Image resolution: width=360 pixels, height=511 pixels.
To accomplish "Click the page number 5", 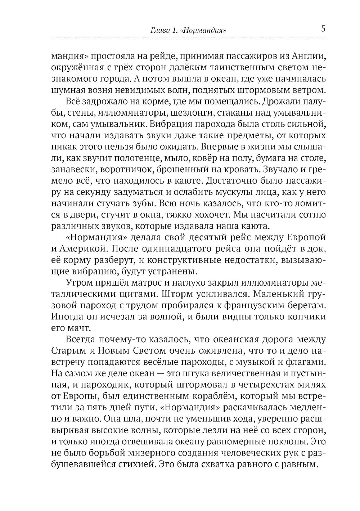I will point(323,28).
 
